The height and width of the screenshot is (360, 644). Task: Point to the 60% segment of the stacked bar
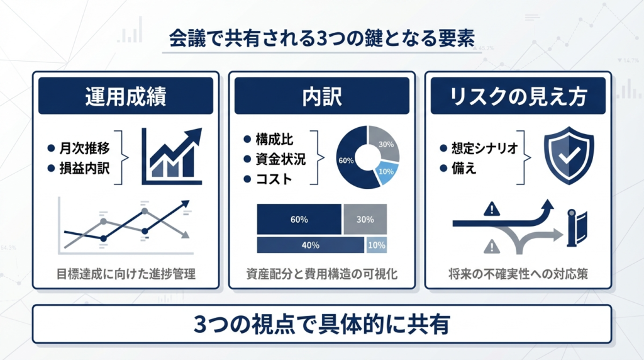[299, 220]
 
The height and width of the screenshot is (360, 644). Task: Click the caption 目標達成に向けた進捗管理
[125, 274]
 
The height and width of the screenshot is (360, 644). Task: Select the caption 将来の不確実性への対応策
[518, 274]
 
